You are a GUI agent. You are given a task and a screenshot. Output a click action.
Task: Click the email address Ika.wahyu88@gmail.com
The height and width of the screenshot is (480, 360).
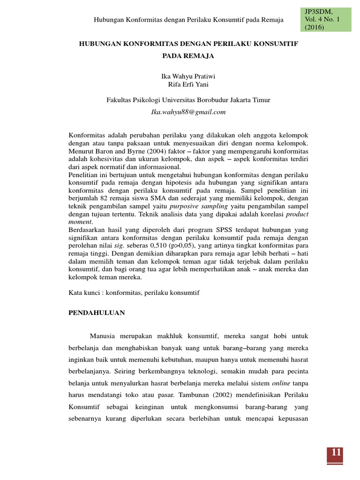(x=188, y=112)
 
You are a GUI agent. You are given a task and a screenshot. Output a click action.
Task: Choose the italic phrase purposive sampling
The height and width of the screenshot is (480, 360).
(x=199, y=206)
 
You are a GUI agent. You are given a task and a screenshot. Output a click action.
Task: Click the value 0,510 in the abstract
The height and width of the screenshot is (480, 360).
(x=162, y=246)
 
